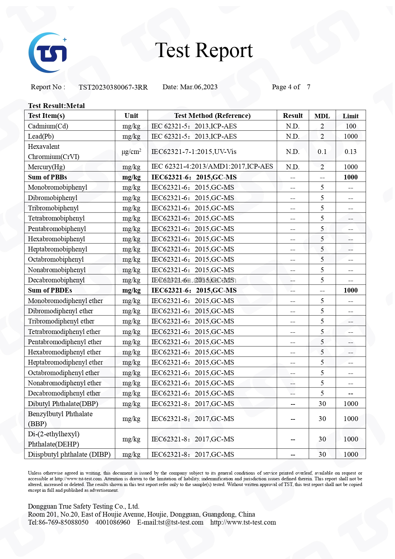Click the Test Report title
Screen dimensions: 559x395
(204, 50)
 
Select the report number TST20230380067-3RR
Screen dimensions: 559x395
(113, 87)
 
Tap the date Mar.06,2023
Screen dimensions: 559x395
(199, 87)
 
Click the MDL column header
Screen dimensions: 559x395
(322, 116)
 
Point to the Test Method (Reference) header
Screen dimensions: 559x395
(212, 116)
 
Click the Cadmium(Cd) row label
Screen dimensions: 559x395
(48, 126)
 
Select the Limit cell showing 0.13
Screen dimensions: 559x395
(350, 152)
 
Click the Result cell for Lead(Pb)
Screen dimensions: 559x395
(293, 136)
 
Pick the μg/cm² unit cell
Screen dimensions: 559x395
(131, 152)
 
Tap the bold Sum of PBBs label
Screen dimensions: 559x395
(47, 177)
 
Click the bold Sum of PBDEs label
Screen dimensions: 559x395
(50, 290)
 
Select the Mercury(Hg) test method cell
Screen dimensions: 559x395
(212, 166)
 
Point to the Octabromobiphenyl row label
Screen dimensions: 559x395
(56, 259)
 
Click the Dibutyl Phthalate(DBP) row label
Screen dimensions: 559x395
(63, 404)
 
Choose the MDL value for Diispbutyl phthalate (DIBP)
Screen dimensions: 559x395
(322, 454)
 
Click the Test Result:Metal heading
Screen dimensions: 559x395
(56, 106)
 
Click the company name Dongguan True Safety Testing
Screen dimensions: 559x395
(83, 506)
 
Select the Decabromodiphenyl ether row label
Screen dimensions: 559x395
(64, 393)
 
